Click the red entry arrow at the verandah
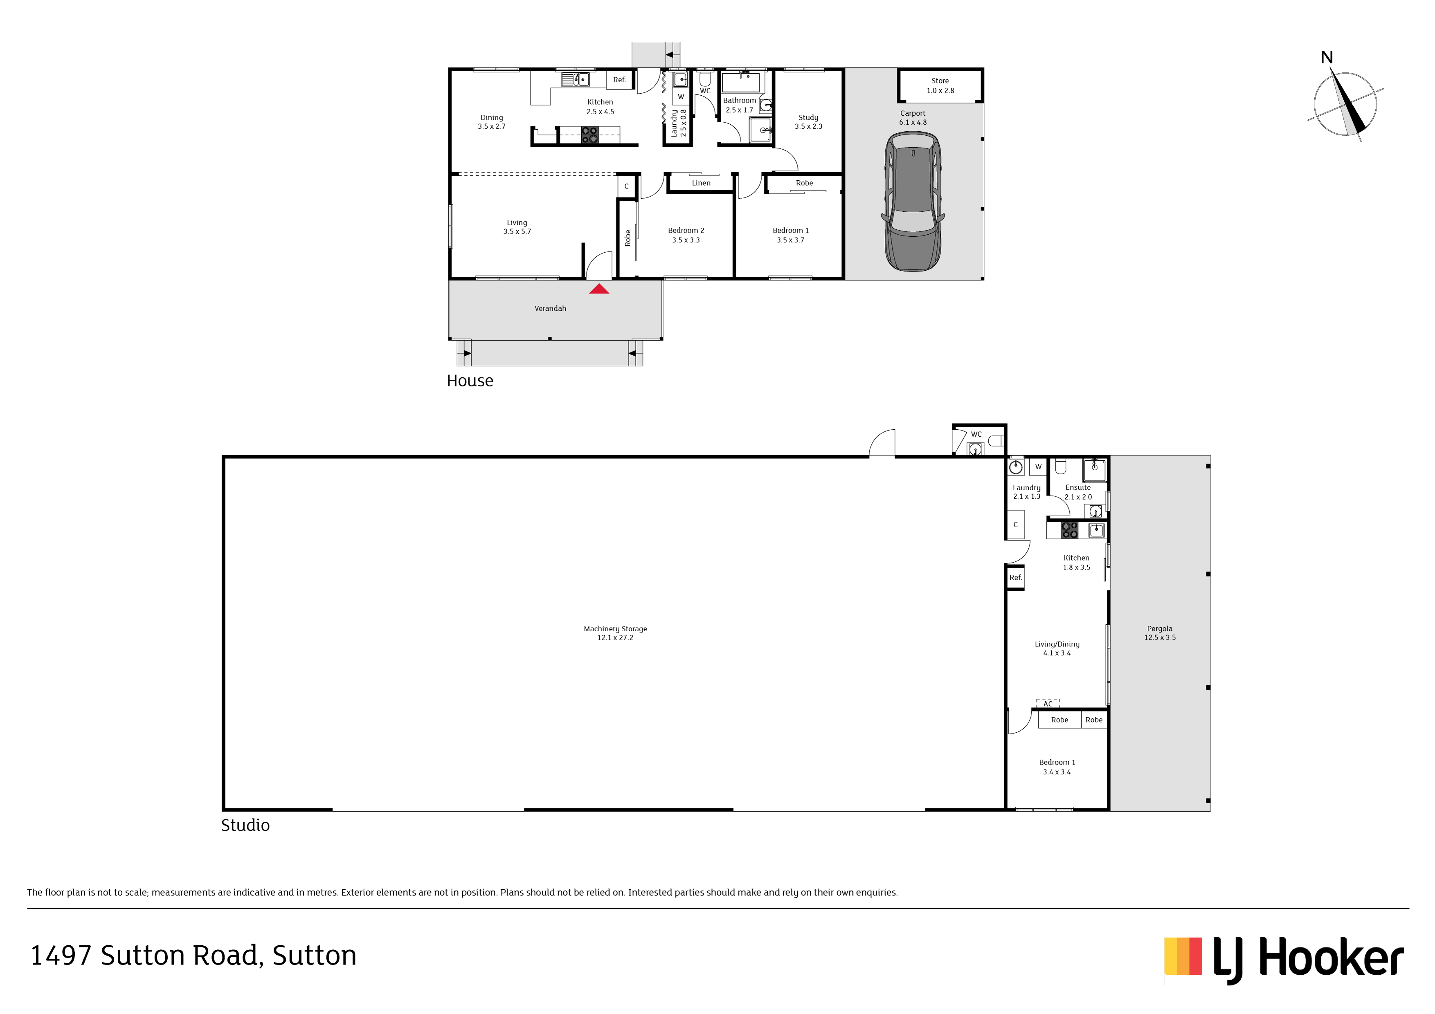click(x=599, y=289)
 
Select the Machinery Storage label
click(x=615, y=633)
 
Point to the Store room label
click(x=940, y=85)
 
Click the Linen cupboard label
click(x=701, y=183)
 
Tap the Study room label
click(x=808, y=122)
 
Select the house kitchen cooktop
click(x=589, y=135)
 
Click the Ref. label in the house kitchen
click(x=619, y=80)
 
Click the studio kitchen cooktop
click(x=1069, y=530)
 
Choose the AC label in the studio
click(x=1048, y=704)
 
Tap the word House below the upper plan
click(x=470, y=381)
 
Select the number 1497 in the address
click(x=61, y=956)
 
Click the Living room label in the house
click(x=517, y=227)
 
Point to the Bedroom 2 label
click(x=686, y=235)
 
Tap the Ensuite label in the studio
click(x=1078, y=492)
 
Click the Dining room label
click(x=491, y=122)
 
